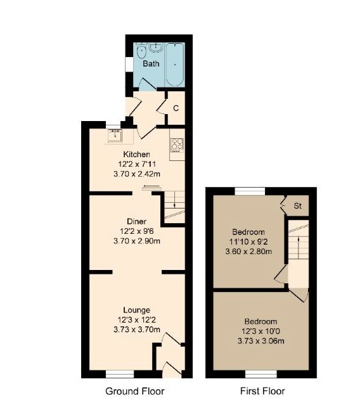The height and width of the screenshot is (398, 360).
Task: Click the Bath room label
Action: [x=150, y=64]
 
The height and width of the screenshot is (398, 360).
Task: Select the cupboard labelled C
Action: [x=176, y=108]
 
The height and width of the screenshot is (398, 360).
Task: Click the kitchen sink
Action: [x=115, y=134]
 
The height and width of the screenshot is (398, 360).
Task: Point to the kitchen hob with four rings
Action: [x=177, y=145]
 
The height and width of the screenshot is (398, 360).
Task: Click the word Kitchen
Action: [x=136, y=155]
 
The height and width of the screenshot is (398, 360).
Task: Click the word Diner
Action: [x=136, y=222]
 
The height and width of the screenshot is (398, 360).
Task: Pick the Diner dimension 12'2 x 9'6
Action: [x=136, y=231]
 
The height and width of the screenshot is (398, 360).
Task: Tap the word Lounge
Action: [x=136, y=310]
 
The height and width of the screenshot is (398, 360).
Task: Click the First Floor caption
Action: [x=263, y=391]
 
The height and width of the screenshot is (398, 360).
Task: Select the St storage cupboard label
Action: [x=297, y=207]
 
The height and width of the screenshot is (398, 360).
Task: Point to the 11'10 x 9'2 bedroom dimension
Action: [x=248, y=241]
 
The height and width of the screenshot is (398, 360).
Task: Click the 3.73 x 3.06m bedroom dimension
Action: [x=262, y=341]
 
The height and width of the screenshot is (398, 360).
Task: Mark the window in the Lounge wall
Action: [x=119, y=373]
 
